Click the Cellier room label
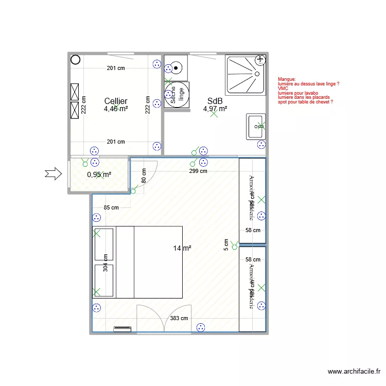point(116,101)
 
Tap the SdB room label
point(215,101)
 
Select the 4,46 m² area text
point(116,109)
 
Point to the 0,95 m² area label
point(99,175)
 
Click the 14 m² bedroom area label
point(182,249)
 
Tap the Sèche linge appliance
point(177,95)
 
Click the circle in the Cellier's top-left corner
point(75,60)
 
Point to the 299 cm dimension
point(198,171)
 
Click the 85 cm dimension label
point(111,208)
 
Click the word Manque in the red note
point(287,79)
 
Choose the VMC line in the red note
point(283,88)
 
